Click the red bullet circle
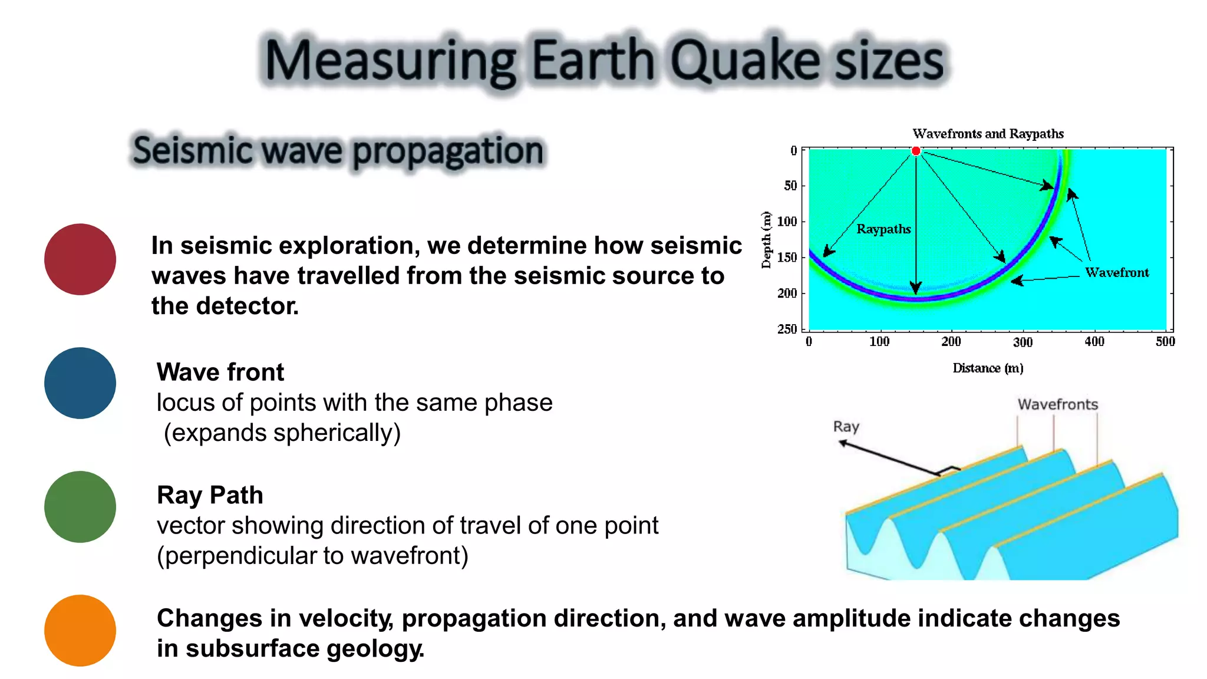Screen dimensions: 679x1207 pos(80,259)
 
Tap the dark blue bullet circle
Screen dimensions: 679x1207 pos(80,383)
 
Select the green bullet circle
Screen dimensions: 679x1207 pos(80,507)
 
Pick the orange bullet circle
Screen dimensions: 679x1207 pos(80,630)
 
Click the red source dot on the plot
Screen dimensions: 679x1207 pos(916,151)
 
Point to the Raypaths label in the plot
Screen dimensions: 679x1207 pos(883,229)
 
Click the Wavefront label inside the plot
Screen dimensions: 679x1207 pos(1117,272)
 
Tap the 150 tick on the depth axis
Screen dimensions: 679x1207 pos(787,258)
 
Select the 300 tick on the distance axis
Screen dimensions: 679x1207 pos(1023,342)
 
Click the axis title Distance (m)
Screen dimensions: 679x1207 pos(988,368)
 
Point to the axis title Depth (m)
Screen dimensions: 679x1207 pos(766,239)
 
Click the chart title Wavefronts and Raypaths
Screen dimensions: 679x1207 pos(988,134)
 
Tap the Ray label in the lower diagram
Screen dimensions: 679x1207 pos(846,426)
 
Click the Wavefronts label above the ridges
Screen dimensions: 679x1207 pos(1058,404)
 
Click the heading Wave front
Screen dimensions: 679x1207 pos(220,372)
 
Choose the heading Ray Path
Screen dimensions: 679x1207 pos(210,495)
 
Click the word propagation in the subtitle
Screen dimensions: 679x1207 pos(448,151)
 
